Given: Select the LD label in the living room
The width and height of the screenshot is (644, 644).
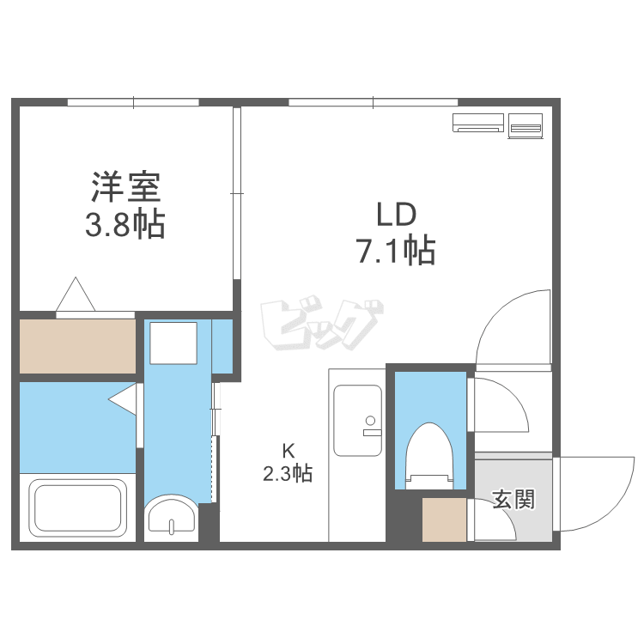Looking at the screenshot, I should point(395,213).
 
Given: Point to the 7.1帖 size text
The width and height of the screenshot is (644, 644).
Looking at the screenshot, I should point(395,252).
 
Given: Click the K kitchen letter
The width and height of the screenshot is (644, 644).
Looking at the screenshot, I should point(289,450).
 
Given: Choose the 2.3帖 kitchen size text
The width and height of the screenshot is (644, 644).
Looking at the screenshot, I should point(288,472).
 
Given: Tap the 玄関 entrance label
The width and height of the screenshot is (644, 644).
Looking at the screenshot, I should point(513,500).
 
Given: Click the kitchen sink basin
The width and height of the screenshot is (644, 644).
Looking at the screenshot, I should point(357,421).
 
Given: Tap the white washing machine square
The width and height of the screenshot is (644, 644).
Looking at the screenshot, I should point(174,343).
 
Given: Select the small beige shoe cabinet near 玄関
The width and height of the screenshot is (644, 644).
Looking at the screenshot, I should point(444,519).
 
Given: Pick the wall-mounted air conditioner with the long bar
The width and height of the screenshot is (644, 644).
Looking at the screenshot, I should point(478,124).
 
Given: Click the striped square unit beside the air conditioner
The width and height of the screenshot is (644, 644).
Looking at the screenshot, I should point(526,125).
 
